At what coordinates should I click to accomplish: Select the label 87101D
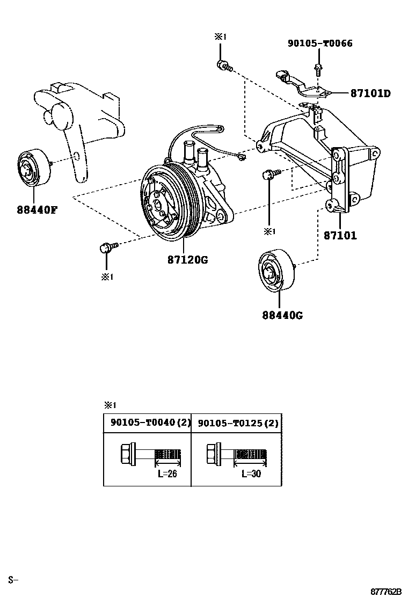coord(370,93)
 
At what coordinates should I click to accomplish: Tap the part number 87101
coord(340,235)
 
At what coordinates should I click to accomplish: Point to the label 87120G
coord(187,260)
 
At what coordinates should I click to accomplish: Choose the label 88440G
coord(282,315)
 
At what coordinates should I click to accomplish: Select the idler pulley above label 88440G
coord(275,271)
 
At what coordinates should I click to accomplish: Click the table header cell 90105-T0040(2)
coord(147,423)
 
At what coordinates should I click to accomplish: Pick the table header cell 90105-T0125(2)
coord(236,423)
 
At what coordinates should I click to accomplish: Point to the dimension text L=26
coord(166,474)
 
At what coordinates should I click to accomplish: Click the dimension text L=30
coord(251,474)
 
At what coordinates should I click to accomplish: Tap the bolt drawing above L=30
coord(236,455)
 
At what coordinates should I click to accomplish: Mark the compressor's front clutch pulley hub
coord(158,206)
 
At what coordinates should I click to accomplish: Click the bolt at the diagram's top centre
coord(223,66)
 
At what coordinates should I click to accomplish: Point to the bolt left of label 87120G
coord(107,247)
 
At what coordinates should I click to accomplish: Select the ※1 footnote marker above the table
coord(110,405)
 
